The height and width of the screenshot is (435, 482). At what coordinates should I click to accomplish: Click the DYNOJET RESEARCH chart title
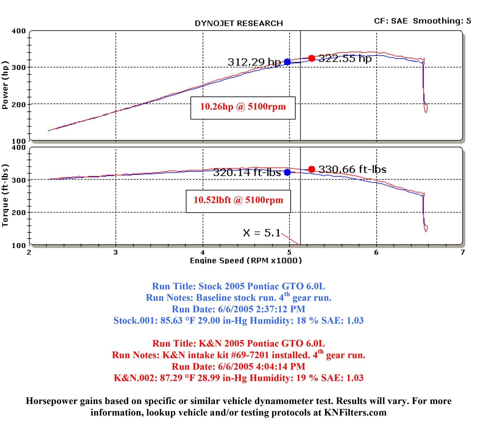coord(239,24)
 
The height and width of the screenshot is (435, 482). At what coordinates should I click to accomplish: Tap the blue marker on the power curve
coord(287,62)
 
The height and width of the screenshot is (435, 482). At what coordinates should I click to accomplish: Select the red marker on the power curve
coord(312,58)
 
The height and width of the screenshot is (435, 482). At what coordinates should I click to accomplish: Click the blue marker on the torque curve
coord(287,172)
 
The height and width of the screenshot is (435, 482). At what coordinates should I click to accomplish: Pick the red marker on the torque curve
coord(312,169)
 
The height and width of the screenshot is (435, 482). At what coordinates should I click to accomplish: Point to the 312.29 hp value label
coord(254,62)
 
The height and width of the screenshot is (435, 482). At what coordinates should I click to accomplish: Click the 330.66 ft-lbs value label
coord(352,169)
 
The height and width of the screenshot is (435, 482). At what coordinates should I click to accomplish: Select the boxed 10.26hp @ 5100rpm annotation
coord(243,107)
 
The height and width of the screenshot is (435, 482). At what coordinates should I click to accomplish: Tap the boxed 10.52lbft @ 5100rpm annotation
coord(238,200)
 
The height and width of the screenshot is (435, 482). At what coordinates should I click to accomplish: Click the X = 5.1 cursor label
coord(261,233)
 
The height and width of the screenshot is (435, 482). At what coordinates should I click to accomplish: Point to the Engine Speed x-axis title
coord(246,260)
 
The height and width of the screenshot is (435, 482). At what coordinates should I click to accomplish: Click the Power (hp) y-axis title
coord(5,85)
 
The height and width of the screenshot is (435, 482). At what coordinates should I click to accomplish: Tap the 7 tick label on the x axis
coord(462,252)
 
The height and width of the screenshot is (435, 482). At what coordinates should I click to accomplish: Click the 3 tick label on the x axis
coord(116,252)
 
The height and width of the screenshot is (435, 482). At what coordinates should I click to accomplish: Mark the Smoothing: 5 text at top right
coord(442,21)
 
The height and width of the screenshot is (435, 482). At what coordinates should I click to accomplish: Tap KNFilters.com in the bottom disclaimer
coord(355,412)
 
